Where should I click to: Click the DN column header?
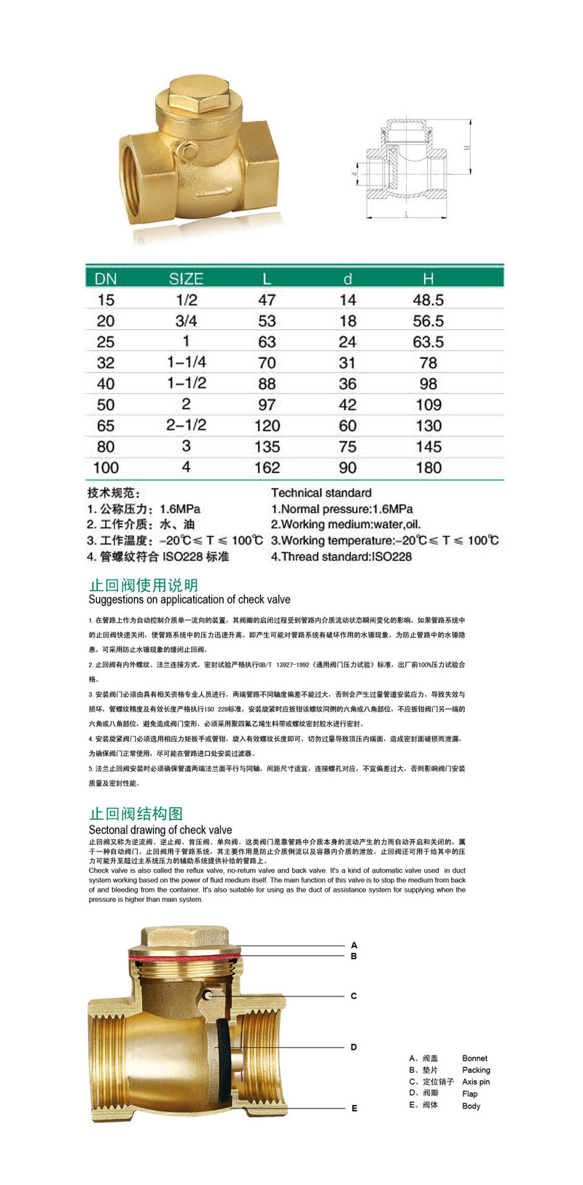tap(106, 278)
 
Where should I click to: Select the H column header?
tap(428, 278)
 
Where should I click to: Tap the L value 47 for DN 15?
tap(267, 300)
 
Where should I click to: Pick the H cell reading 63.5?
tap(428, 342)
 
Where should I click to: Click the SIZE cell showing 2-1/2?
tap(186, 425)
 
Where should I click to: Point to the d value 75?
tap(348, 446)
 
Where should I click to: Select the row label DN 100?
tap(106, 467)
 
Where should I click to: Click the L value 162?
tap(267, 467)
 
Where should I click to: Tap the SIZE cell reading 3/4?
tap(186, 321)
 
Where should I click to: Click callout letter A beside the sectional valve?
tap(354, 946)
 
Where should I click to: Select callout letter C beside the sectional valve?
tap(354, 996)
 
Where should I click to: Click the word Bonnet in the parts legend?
tap(474, 1058)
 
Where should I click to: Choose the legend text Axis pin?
tap(476, 1082)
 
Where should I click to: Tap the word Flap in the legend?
tap(470, 1093)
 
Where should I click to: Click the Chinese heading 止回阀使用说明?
tap(143, 585)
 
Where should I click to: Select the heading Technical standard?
tap(321, 493)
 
